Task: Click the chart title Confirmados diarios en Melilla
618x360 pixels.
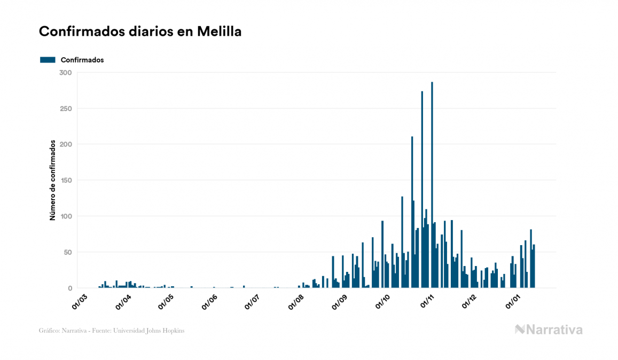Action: [x=140, y=32]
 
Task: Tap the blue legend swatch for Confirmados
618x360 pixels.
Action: [x=48, y=60]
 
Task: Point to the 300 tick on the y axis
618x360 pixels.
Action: [x=65, y=73]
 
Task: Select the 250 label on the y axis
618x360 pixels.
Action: [x=65, y=108]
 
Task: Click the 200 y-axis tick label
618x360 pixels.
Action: [x=65, y=144]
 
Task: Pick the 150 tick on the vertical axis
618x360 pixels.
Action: [x=65, y=181]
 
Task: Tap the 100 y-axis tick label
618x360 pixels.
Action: [x=65, y=216]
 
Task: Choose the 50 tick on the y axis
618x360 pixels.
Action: [x=67, y=252]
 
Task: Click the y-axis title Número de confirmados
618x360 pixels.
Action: [x=53, y=181]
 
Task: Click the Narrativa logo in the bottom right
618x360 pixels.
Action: [x=549, y=330]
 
